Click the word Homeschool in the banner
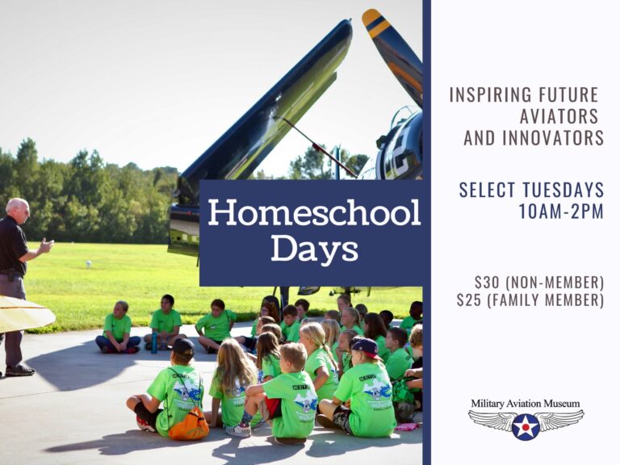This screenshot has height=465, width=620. (314, 213)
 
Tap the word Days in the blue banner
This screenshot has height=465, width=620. (314, 249)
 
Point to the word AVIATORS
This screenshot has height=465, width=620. (559, 116)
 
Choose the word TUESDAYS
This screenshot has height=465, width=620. (562, 191)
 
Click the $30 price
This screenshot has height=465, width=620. (488, 283)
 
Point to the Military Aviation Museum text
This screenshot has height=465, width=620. (526, 404)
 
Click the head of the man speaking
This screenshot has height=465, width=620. (18, 212)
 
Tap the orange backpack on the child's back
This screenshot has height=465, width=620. (188, 423)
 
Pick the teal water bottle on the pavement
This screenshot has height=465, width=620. (154, 343)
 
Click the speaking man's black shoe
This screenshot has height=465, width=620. (20, 371)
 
